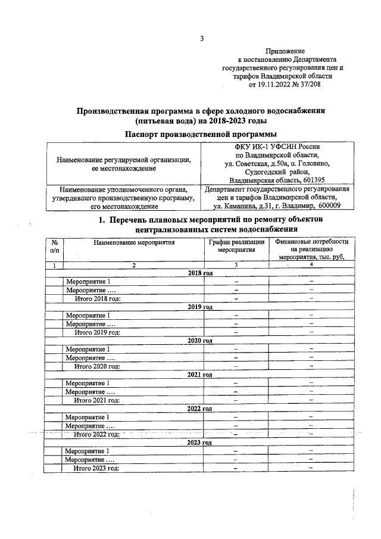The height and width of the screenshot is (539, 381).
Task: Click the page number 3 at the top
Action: [x=202, y=39]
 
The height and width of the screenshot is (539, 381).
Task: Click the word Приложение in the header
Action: [x=285, y=52]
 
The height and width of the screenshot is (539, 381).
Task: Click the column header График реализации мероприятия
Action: [x=236, y=247]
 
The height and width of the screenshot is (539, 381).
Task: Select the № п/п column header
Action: [x=54, y=247]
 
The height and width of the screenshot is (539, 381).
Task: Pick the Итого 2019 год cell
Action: [x=97, y=332]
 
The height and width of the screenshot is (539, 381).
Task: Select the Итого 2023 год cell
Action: [x=97, y=468]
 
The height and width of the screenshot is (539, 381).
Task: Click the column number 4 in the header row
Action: [x=311, y=264]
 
